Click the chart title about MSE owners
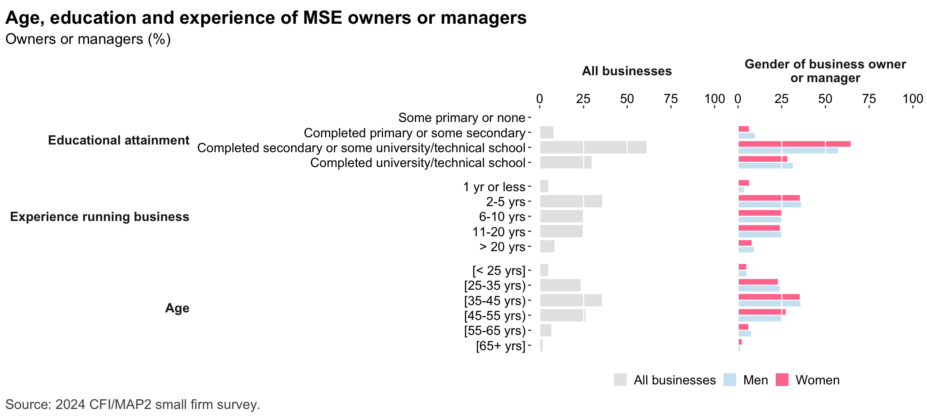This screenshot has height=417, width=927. pyautogui.click(x=266, y=18)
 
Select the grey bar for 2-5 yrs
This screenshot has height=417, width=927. pyautogui.click(x=571, y=201)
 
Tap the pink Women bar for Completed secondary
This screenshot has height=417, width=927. pyautogui.click(x=794, y=144)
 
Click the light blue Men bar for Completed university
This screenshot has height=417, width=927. pyautogui.click(x=765, y=166)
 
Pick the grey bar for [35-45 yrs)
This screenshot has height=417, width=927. pyautogui.click(x=571, y=300)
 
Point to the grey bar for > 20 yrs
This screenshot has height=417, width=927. pyautogui.click(x=547, y=246)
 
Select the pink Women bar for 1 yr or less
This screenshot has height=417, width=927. pyautogui.click(x=744, y=183)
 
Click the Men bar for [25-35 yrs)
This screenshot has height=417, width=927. pyautogui.click(x=759, y=289)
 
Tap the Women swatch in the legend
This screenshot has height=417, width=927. pyautogui.click(x=782, y=380)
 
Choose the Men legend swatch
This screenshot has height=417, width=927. pyautogui.click(x=729, y=380)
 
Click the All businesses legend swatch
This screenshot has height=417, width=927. pyautogui.click(x=620, y=380)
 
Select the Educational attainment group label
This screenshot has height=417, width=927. pyautogui.click(x=119, y=140)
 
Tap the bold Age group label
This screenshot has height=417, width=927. pyautogui.click(x=177, y=308)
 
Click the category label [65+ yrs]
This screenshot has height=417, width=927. pyautogui.click(x=501, y=346)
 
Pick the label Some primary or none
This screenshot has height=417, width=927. pyautogui.click(x=461, y=118)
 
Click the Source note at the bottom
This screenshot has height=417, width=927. pyautogui.click(x=133, y=404)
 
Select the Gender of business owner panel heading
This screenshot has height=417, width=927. pyautogui.click(x=825, y=71)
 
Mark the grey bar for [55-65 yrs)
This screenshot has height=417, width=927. pyautogui.click(x=546, y=330)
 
